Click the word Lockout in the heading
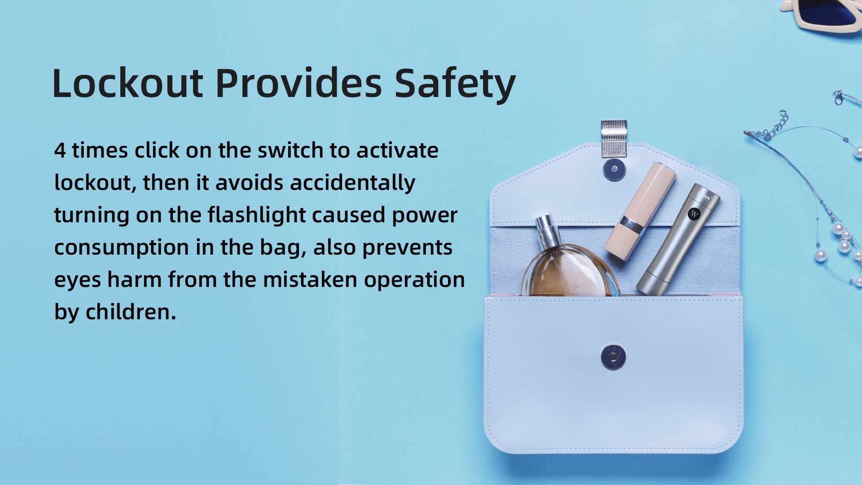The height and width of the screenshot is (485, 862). pyautogui.click(x=128, y=84)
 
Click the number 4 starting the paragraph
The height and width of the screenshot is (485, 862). pyautogui.click(x=60, y=150)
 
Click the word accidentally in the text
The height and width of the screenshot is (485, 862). pyautogui.click(x=352, y=183)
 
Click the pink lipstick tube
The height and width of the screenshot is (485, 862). pyautogui.click(x=640, y=211)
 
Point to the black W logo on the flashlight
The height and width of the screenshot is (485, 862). pyautogui.click(x=694, y=214)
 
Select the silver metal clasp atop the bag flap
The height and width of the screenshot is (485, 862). pyautogui.click(x=613, y=139)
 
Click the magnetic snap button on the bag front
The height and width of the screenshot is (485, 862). pyautogui.click(x=613, y=357)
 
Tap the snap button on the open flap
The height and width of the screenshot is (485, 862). pyautogui.click(x=615, y=169)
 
